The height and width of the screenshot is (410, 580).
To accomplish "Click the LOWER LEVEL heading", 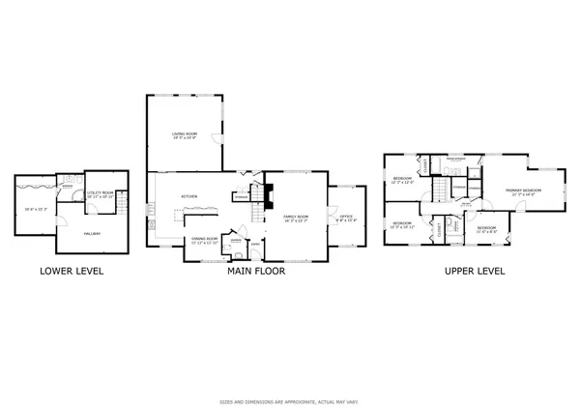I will coord(72,272).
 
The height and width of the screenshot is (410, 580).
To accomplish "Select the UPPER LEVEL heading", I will coord(475,272).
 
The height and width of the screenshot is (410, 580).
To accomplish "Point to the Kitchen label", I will coord(189,196).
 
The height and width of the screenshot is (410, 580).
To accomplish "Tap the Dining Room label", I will coord(204,238).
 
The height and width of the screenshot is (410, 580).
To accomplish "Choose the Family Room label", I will coord(295,218).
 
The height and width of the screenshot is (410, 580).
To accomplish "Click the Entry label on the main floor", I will coord(255,245).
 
